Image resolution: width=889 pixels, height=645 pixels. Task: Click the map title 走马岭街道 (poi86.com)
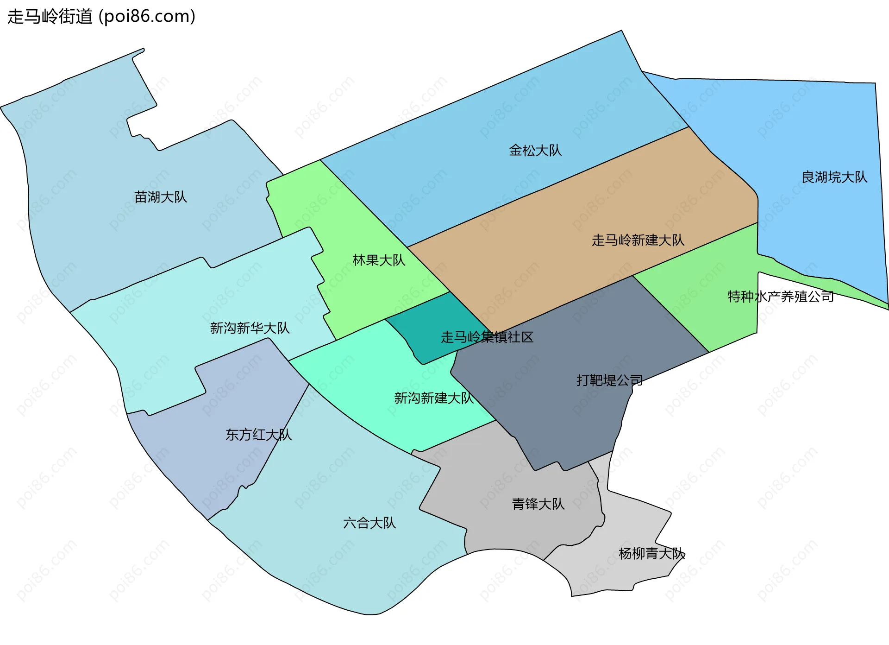click(x=101, y=17)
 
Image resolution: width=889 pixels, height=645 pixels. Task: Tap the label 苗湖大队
click(x=160, y=197)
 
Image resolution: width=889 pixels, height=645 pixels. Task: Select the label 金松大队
click(x=535, y=151)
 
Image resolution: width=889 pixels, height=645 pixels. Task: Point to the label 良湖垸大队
click(x=834, y=177)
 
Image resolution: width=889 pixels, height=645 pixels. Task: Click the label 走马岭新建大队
click(x=638, y=240)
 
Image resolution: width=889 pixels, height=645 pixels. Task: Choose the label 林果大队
click(x=378, y=260)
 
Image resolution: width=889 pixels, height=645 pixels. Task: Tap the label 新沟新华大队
click(x=250, y=329)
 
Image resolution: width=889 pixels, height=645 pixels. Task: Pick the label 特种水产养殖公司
click(x=780, y=297)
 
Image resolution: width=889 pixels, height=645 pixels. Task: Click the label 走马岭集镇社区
click(x=487, y=337)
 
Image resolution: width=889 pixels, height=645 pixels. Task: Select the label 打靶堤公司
click(x=609, y=381)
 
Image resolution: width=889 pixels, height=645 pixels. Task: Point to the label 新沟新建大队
click(x=433, y=398)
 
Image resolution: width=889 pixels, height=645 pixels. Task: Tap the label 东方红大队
click(x=258, y=435)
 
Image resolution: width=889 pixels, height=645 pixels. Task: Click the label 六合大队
click(x=369, y=524)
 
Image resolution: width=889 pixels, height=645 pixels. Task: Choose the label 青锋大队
click(x=538, y=504)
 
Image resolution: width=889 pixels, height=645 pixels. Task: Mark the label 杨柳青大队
click(x=651, y=554)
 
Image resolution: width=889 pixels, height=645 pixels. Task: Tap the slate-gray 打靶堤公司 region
click(x=556, y=417)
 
